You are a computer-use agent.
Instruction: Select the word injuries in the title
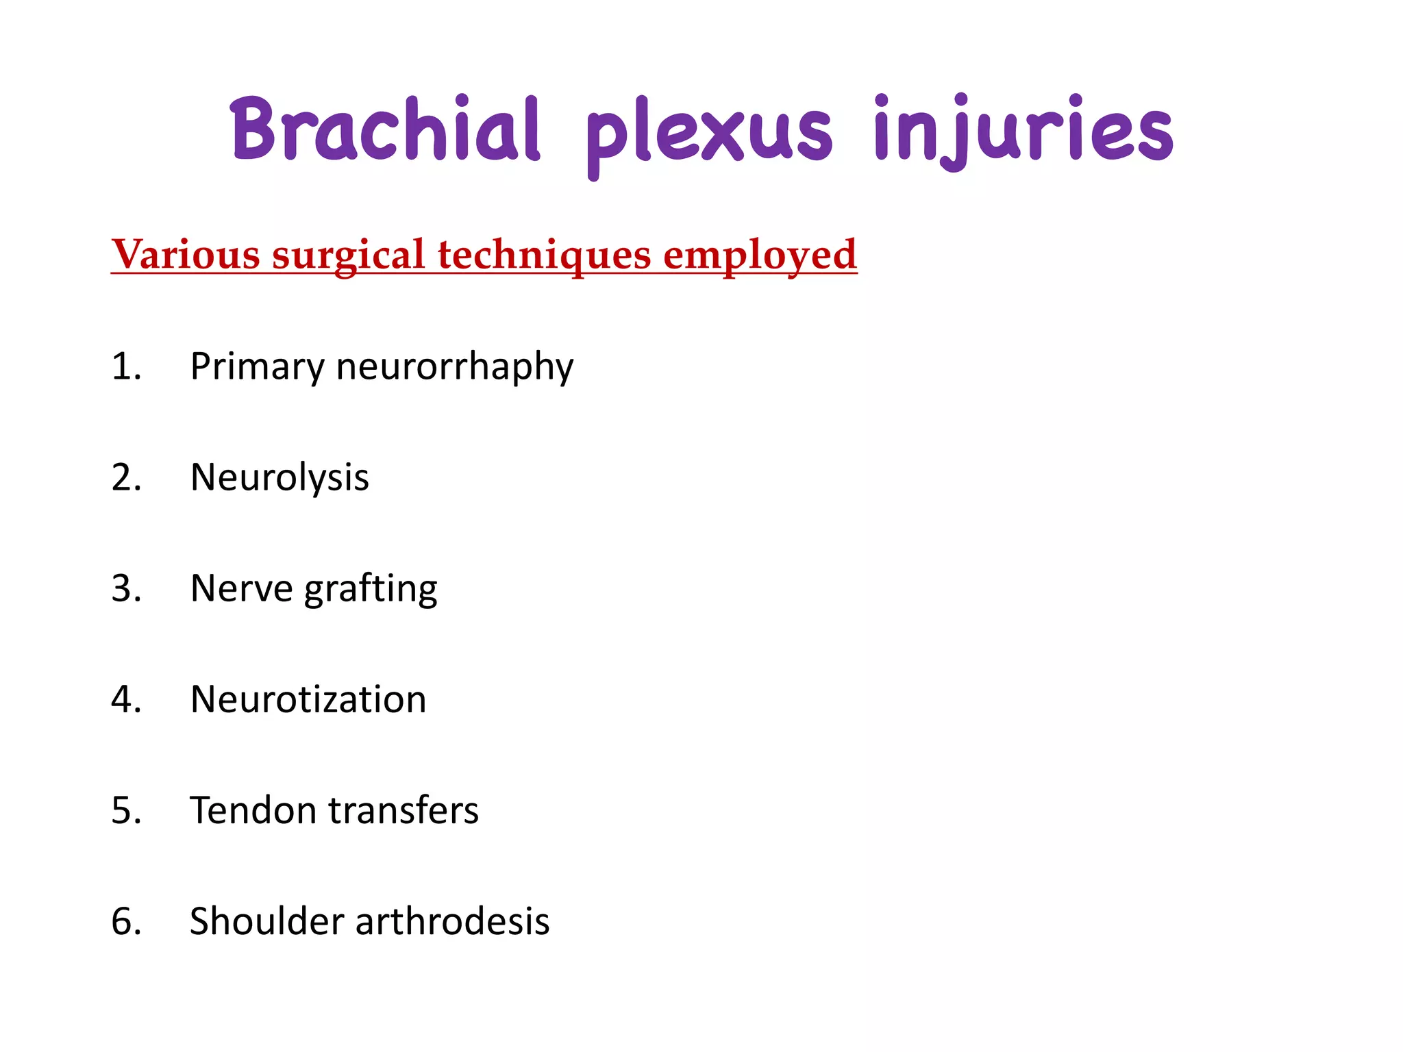point(1023,130)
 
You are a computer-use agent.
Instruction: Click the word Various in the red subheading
point(186,255)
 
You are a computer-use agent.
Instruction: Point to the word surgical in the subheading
point(349,256)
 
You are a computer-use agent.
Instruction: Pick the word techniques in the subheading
point(545,256)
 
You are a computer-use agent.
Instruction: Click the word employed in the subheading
point(760,256)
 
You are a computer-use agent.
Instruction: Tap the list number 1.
point(126,366)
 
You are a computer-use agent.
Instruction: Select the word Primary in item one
point(257,367)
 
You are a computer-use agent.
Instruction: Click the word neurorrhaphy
point(454,367)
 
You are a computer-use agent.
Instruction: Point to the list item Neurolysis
point(280,477)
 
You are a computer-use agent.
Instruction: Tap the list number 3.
point(126,588)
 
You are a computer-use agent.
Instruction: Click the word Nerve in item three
point(241,589)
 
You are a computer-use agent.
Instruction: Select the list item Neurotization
point(308,699)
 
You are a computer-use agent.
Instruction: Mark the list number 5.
point(126,810)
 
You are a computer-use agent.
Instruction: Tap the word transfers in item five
point(403,810)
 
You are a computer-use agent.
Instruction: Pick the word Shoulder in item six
point(266,921)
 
